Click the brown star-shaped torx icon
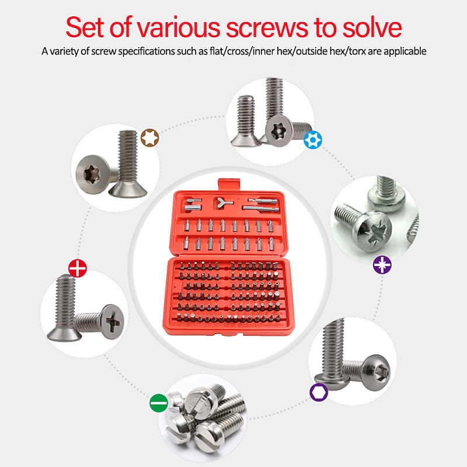click(149, 139)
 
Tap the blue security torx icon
click(313, 139)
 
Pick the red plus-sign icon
click(78, 268)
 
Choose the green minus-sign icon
click(158, 402)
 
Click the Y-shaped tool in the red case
click(221, 203)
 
